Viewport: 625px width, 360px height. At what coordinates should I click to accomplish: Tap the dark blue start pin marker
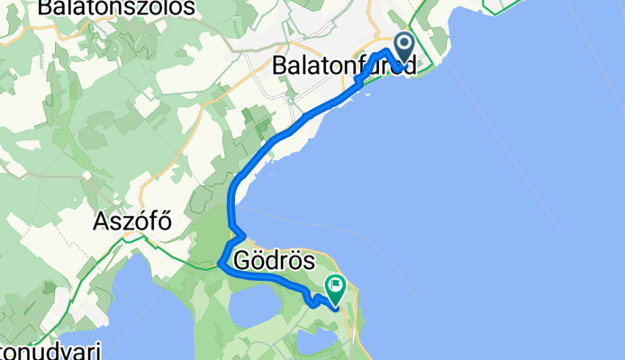click(x=403, y=45)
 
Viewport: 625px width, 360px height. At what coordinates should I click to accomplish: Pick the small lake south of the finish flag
click(x=314, y=341)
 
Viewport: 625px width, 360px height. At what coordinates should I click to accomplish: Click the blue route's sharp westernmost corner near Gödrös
click(x=221, y=265)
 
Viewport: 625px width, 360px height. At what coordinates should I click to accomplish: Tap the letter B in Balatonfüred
click(x=280, y=67)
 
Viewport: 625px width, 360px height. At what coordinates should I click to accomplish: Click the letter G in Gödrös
click(x=243, y=262)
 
